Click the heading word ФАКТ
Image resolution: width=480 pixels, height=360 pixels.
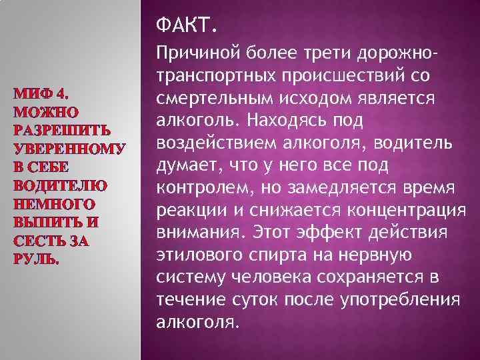point(186,27)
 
